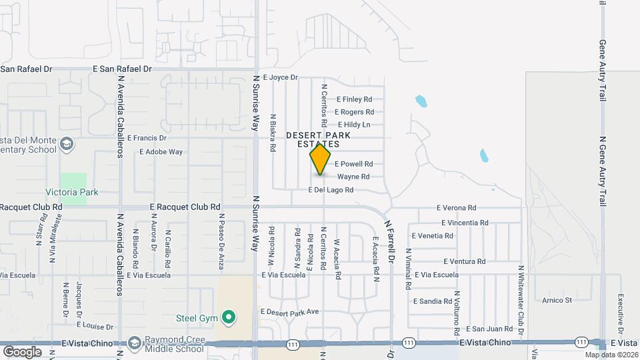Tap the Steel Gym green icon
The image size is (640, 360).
[229, 317]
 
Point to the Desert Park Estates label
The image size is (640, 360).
[313, 139]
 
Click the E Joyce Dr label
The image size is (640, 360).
[280, 77]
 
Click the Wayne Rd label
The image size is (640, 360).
[353, 177]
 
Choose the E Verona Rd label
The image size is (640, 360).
[457, 208]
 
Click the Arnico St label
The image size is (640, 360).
[557, 301]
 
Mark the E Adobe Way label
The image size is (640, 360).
[161, 152]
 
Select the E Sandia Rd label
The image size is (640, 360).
[432, 301]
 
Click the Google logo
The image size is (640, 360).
[22, 351]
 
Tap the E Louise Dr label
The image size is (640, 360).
[95, 327]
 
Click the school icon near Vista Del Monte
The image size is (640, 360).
[67, 144]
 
